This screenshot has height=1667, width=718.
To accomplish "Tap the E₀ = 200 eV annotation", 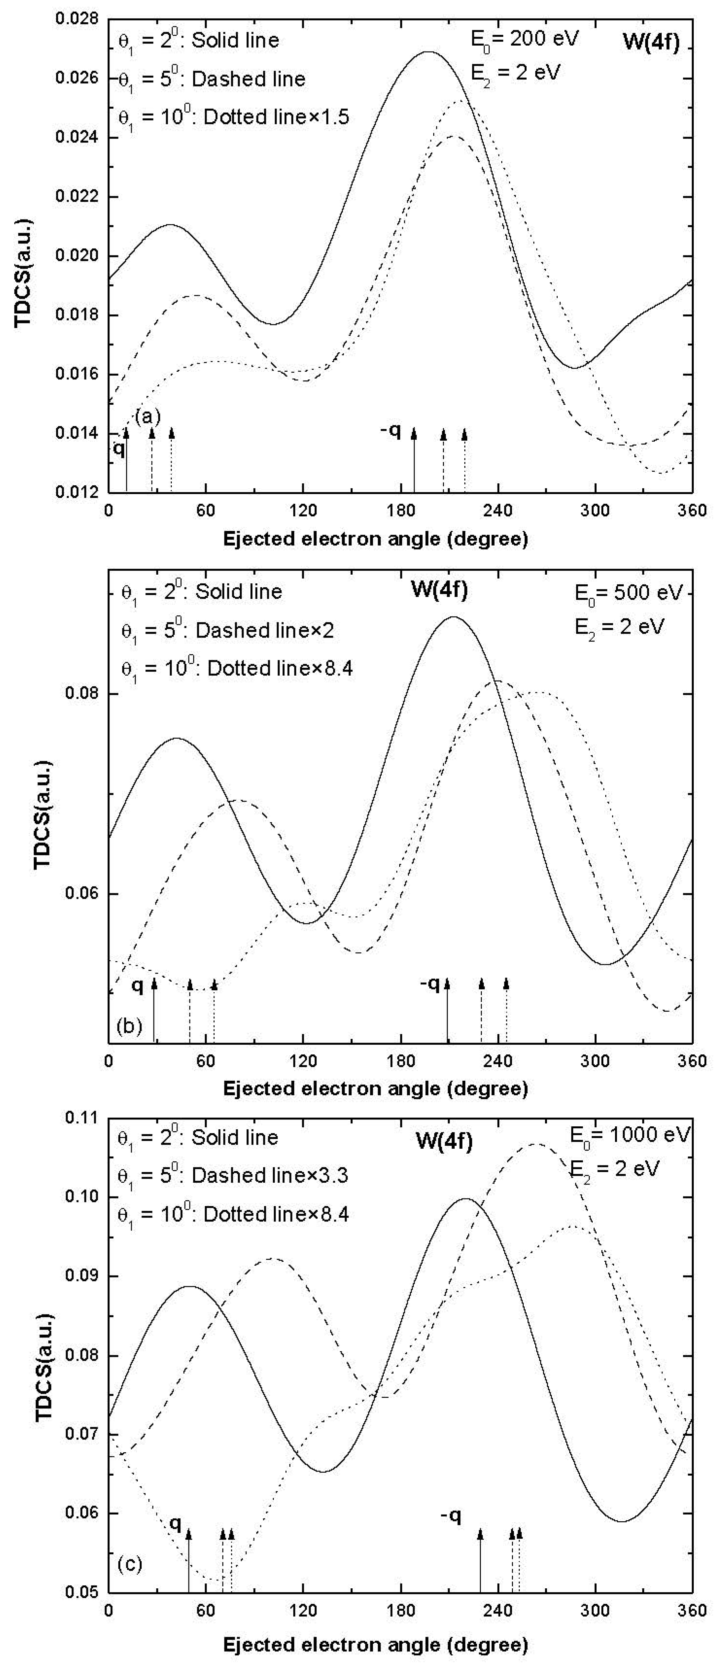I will pos(524,39).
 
